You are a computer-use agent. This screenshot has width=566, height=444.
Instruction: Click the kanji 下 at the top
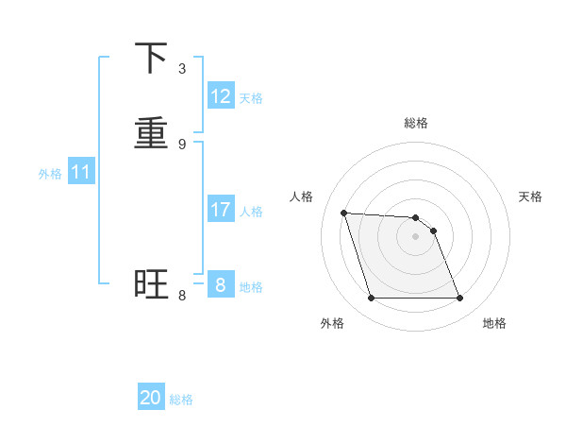(152, 60)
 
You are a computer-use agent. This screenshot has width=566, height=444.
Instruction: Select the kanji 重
(152, 133)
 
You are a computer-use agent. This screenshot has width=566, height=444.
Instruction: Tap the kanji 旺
(152, 284)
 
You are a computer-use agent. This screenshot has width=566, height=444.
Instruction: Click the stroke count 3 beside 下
(182, 69)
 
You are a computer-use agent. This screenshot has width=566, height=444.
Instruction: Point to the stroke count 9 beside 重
(182, 144)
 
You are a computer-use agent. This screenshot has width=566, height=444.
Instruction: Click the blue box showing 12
(221, 96)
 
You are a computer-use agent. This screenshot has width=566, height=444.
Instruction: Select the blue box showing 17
(221, 210)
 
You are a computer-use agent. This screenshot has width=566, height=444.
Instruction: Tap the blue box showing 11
(81, 173)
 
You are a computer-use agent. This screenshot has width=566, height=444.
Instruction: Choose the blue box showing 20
(151, 398)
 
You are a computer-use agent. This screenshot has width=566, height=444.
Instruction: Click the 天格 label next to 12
(251, 98)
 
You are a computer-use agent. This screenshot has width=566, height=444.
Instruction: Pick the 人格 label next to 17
(251, 212)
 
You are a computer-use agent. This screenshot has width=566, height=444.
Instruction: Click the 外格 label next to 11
(50, 174)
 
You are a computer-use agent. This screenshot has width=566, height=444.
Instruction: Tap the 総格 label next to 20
(181, 400)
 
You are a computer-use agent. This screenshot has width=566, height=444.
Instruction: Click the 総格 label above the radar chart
(416, 123)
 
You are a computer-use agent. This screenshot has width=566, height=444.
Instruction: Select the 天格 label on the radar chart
(531, 196)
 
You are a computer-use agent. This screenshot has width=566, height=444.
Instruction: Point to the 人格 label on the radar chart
(302, 196)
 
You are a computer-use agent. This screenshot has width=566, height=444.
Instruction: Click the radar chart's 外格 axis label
(332, 323)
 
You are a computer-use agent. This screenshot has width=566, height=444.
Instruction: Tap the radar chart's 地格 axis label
(494, 323)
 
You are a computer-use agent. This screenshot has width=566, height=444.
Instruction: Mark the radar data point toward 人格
(344, 213)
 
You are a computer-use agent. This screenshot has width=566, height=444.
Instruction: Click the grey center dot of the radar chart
(416, 236)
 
